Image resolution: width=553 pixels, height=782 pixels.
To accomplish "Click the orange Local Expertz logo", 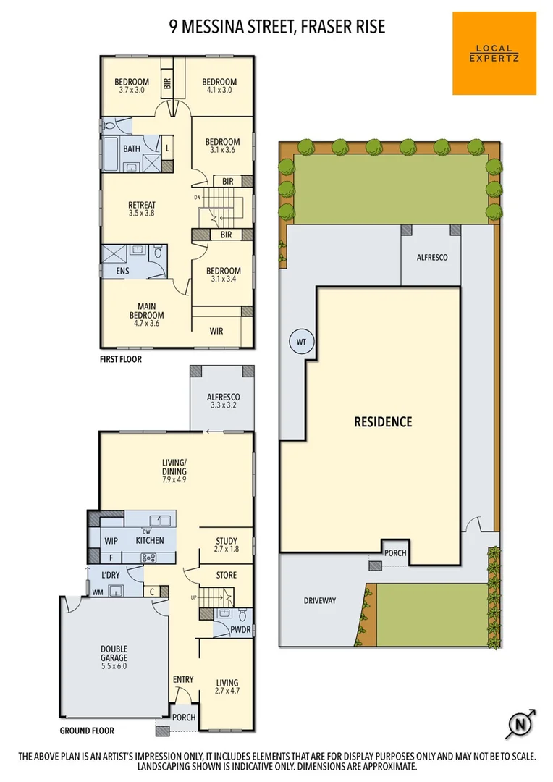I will (494, 53).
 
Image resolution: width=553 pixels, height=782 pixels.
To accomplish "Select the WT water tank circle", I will (301, 342).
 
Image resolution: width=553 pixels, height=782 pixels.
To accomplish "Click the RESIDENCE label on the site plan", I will (382, 421).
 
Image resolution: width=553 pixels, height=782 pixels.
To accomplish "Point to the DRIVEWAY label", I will (320, 600).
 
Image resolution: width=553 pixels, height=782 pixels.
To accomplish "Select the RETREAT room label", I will (141, 209).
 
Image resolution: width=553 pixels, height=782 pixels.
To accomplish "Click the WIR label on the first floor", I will (216, 331).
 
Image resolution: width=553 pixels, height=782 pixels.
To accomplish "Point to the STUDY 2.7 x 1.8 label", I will (226, 545).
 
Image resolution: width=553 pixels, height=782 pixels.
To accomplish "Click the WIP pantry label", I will (111, 540).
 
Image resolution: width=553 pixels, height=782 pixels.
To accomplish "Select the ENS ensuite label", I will (122, 272).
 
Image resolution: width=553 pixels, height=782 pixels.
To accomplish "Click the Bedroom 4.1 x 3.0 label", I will (219, 86).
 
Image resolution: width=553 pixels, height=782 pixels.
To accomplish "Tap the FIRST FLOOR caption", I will (121, 358).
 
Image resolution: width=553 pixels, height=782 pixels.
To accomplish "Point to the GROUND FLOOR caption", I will (86, 731).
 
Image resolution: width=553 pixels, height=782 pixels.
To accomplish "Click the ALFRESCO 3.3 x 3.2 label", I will (223, 402).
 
